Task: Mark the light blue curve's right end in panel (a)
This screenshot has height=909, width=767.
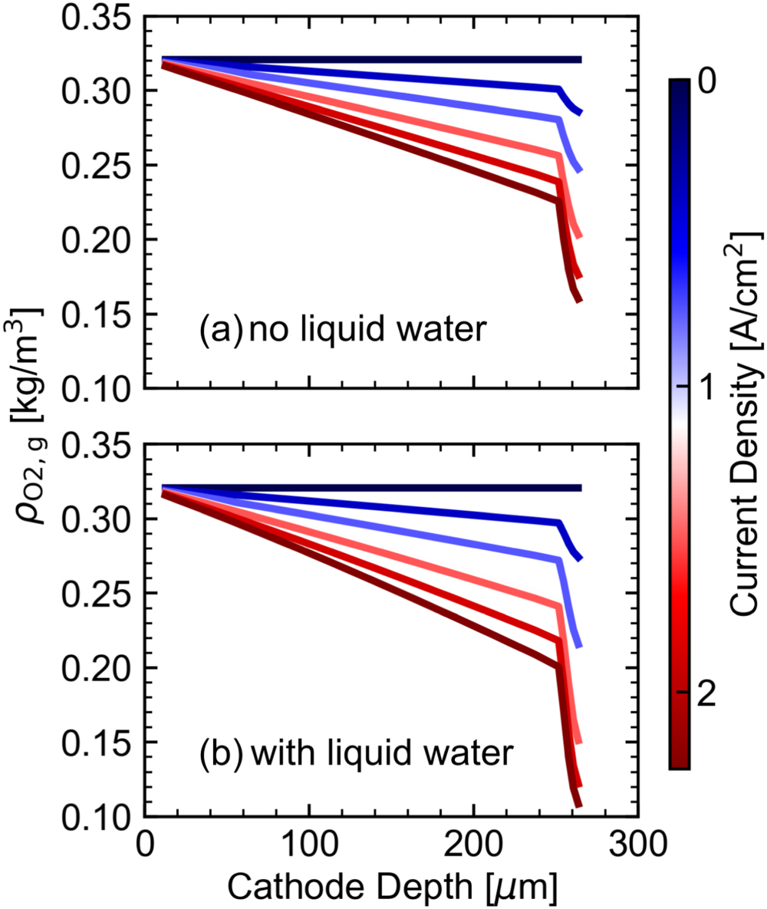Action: pyautogui.click(x=580, y=170)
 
